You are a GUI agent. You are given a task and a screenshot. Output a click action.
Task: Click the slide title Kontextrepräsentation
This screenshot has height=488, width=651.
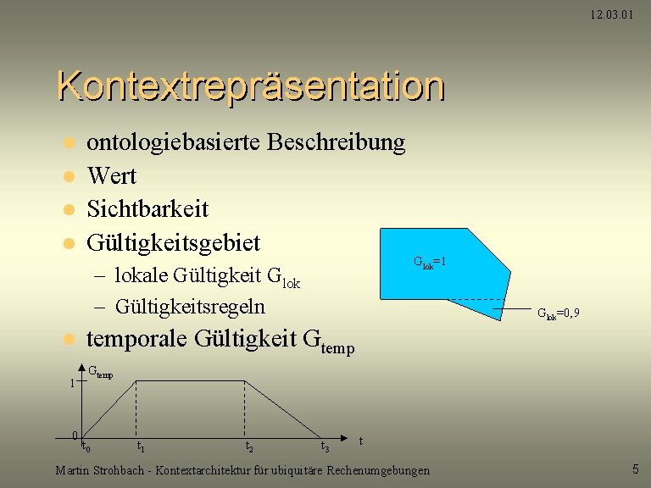tap(251, 86)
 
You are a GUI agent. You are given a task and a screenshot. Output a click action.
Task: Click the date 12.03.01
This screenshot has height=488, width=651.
tap(612, 15)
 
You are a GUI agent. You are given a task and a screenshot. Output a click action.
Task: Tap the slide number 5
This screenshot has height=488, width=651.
tap(635, 469)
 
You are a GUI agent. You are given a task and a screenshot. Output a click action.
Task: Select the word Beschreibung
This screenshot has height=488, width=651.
tap(336, 142)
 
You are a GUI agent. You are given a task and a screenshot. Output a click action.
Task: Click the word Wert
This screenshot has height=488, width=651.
tap(112, 175)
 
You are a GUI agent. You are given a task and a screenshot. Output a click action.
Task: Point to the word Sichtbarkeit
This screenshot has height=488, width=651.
tap(147, 208)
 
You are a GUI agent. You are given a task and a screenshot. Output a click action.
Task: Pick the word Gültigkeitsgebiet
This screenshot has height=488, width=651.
tap(173, 243)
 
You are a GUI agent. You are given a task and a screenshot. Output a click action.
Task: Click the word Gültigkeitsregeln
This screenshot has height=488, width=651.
tap(190, 308)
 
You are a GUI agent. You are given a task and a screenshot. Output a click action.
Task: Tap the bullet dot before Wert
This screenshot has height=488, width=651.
tap(69, 176)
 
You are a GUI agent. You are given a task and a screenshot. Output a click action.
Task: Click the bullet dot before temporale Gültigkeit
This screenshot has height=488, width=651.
tap(69, 340)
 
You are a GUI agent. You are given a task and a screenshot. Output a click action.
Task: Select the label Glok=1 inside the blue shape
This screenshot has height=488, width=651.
tap(430, 263)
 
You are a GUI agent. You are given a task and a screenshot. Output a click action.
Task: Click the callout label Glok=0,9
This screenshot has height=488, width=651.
tap(558, 313)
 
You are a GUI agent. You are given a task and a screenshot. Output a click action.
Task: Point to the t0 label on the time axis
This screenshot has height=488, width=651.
tap(86, 447)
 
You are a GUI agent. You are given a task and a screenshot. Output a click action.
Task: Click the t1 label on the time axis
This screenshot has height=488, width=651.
tap(141, 447)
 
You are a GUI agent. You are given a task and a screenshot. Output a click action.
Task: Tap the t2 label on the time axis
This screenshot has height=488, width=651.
tap(249, 447)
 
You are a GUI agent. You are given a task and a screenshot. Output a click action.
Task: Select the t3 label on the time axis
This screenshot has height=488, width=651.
tap(325, 447)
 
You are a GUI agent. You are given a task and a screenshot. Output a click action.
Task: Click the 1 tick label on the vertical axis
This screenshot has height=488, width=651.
tap(72, 383)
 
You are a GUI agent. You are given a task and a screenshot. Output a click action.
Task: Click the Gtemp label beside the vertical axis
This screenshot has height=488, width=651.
tap(101, 372)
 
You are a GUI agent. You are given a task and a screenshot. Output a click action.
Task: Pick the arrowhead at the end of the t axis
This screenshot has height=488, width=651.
tap(344, 438)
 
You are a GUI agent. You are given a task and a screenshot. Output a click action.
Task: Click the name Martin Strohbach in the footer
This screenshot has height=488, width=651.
tap(100, 470)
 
